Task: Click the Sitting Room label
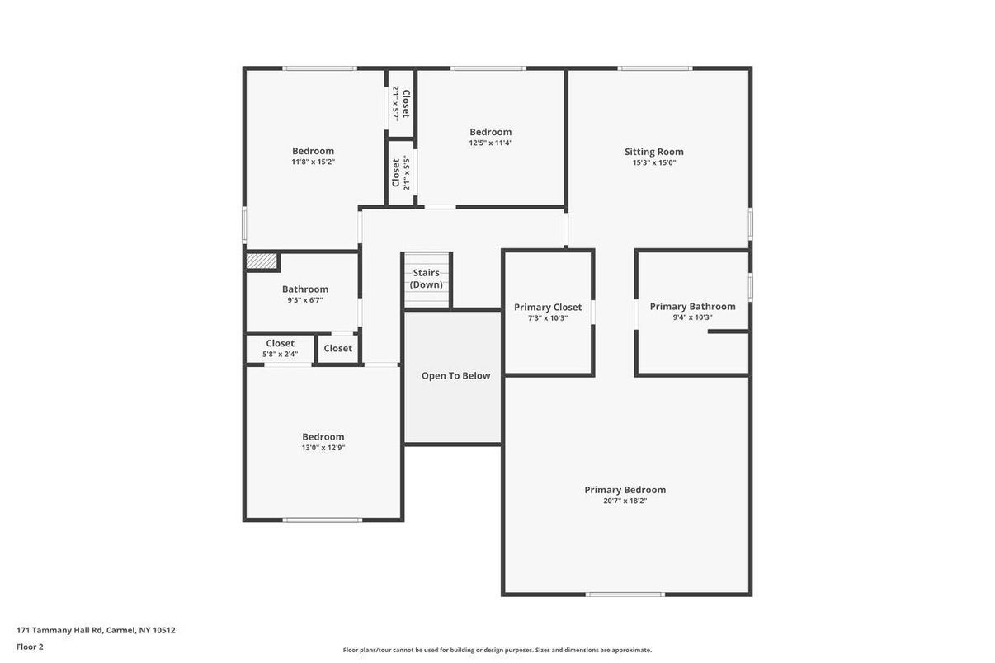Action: [x=654, y=152]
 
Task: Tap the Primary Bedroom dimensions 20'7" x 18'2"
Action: [x=625, y=501]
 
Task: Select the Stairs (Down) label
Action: [x=426, y=279]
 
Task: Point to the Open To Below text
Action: [x=455, y=376]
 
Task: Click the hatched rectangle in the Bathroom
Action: [x=262, y=261]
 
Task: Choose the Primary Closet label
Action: [x=548, y=308]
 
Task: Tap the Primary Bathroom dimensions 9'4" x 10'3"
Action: [x=692, y=317]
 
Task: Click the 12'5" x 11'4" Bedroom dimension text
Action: [x=491, y=143]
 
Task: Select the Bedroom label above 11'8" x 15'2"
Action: [x=314, y=151]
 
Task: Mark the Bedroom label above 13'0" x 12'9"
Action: [x=323, y=437]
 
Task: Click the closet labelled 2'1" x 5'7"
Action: [x=401, y=103]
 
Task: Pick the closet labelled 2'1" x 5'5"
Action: [x=401, y=173]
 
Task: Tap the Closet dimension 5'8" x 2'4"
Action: [x=281, y=355]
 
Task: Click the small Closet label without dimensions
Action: [x=338, y=349]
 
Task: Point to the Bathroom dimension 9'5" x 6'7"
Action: [x=305, y=300]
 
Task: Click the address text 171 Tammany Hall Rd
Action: [x=59, y=630]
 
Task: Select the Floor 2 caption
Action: [x=30, y=647]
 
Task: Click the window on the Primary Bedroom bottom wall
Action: [x=625, y=595]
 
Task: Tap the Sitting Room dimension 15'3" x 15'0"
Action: [x=654, y=162]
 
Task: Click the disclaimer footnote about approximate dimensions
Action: [x=497, y=650]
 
